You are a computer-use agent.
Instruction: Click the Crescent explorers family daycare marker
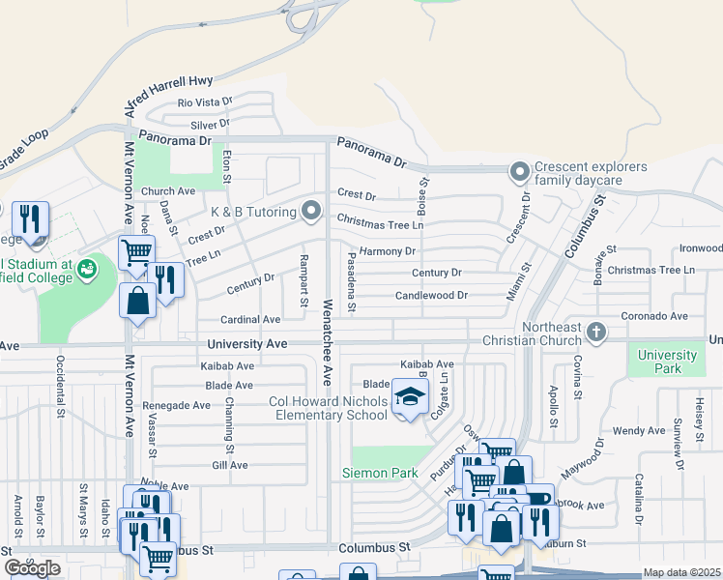[x=520, y=173]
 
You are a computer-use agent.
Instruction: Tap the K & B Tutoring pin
[x=310, y=209]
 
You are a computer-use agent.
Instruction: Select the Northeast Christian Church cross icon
[x=597, y=333]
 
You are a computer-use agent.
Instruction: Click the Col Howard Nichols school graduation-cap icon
[x=410, y=397]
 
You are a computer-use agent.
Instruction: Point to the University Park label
[x=659, y=362]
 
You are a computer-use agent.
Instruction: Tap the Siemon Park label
[x=380, y=473]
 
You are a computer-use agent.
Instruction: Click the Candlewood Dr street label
[x=431, y=295]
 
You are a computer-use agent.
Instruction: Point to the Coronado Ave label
[x=653, y=315]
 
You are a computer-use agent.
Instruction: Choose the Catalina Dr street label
[x=639, y=498]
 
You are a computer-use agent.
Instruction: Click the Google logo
[x=32, y=568]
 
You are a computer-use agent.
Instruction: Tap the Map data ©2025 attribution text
[x=681, y=572]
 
